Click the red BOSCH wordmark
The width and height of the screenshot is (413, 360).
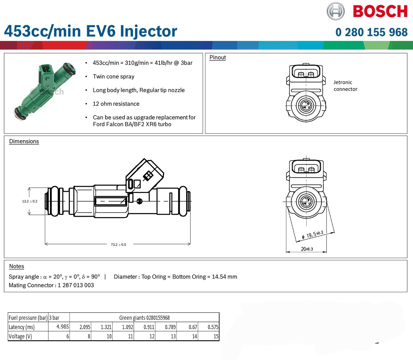coord(380,12)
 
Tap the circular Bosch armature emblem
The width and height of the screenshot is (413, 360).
coord(335,11)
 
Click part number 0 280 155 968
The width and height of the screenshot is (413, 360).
coord(371,32)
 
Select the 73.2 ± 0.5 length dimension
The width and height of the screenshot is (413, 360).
coord(118,245)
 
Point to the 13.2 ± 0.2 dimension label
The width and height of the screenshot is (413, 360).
coord(30,201)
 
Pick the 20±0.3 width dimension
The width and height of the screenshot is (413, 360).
coord(307,249)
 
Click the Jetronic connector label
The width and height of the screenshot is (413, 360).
coord(345,86)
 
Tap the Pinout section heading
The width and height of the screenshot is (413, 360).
coord(218,58)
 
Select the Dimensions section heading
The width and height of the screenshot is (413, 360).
coord(24,141)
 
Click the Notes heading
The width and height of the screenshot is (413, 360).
coord(17,266)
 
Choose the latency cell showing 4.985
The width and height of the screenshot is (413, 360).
coord(63,327)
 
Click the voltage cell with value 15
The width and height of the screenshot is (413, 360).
coord(216,336)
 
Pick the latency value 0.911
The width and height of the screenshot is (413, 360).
coord(149,327)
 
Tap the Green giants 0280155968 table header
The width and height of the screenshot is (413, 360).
coord(144,318)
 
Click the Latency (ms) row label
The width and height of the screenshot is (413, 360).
coord(22,327)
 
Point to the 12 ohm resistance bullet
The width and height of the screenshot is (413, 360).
coord(116,104)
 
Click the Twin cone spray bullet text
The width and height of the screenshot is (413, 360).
coord(113,77)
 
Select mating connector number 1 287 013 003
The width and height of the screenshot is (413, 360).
coord(76,285)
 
